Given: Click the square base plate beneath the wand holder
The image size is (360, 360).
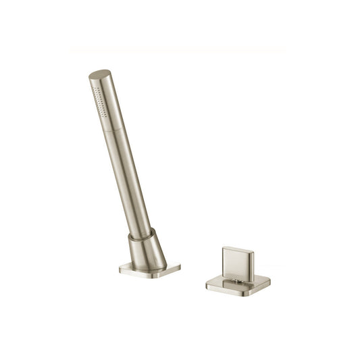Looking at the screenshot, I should [149, 269].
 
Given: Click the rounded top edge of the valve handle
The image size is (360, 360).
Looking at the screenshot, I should [236, 248].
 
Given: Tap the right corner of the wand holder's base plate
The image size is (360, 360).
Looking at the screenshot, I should [179, 267].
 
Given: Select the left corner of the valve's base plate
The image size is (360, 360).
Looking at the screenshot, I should [208, 284].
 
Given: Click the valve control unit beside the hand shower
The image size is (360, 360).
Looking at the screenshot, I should [238, 270].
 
